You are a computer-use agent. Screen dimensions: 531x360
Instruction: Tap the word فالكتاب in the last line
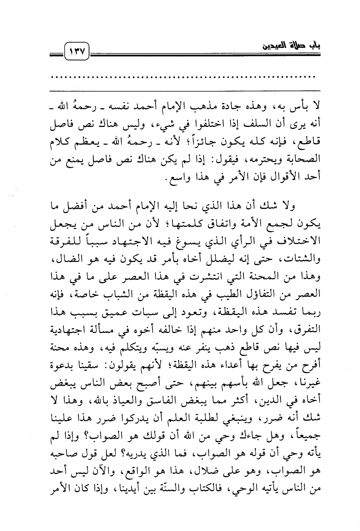(x=214, y=490)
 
